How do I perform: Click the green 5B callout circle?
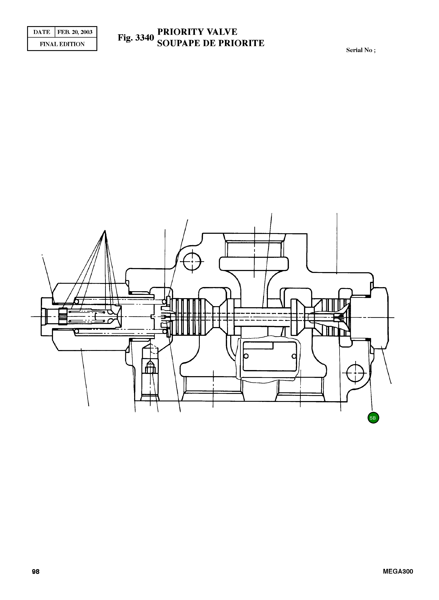373,418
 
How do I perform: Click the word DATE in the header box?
42,32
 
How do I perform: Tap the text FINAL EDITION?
62,44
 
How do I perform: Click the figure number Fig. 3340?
136,38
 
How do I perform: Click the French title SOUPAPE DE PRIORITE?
211,43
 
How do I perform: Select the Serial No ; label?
361,50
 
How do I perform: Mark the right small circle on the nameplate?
294,356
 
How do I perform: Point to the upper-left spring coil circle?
77,302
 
